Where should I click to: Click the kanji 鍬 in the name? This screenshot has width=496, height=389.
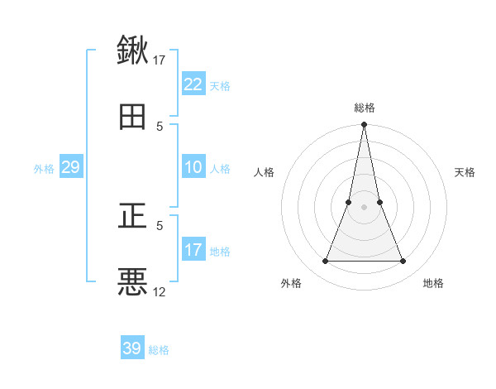click(x=132, y=50)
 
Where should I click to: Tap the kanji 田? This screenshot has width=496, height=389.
click(x=132, y=118)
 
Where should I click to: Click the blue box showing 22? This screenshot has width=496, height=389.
click(x=193, y=84)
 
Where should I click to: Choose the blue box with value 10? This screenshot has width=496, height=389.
click(x=193, y=167)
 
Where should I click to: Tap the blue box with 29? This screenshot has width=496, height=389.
click(x=70, y=167)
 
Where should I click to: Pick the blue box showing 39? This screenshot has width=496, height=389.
click(x=132, y=348)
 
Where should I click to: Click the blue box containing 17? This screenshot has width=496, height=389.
click(x=193, y=250)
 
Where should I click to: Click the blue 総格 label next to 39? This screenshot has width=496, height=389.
click(x=159, y=350)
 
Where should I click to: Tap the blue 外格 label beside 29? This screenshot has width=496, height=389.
click(x=44, y=169)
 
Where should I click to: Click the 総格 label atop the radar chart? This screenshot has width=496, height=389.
click(x=365, y=108)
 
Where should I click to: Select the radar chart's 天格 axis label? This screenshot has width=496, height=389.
click(x=465, y=172)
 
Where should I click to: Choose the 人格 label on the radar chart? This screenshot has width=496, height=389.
click(x=264, y=172)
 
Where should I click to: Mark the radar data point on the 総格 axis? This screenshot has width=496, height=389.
click(x=365, y=125)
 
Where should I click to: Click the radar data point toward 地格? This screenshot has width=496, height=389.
click(x=403, y=261)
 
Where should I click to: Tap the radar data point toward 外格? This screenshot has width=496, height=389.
click(x=325, y=261)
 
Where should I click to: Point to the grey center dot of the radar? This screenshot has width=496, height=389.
click(x=365, y=207)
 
